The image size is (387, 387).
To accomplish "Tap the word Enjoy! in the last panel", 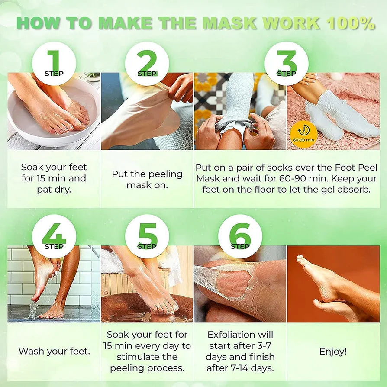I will click(x=333, y=352).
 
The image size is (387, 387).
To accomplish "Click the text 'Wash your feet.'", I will click(x=54, y=351).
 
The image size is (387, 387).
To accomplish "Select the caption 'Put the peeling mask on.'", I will click(x=147, y=179).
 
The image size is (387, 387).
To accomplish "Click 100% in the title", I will click(x=351, y=24).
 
